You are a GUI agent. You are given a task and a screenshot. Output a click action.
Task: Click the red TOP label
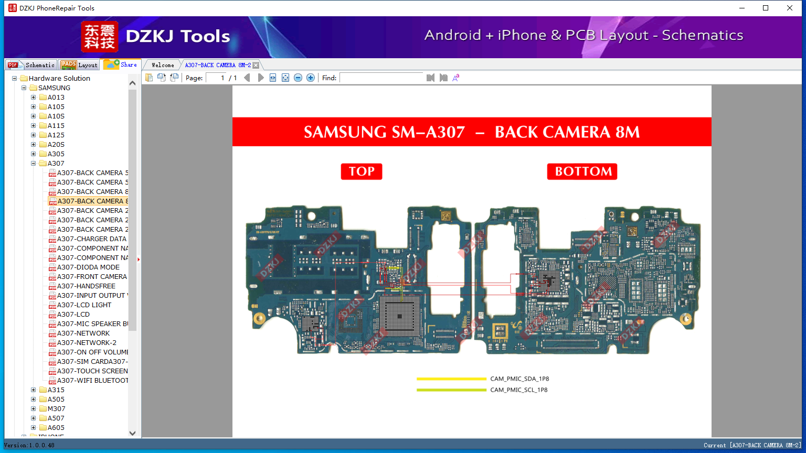(x=362, y=171)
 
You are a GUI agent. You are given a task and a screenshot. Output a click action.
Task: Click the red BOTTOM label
(x=582, y=171)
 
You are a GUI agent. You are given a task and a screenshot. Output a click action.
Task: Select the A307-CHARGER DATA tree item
(x=92, y=239)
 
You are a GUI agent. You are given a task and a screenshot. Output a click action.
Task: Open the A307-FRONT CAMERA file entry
(x=92, y=277)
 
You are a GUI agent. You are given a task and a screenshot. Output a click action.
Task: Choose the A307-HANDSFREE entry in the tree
(x=86, y=286)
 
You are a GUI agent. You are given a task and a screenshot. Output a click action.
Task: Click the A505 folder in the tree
(x=56, y=400)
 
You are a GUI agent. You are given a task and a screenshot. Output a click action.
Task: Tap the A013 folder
(x=56, y=98)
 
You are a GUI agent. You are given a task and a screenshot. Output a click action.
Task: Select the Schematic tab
(x=32, y=65)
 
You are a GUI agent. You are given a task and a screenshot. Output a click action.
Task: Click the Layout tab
(x=80, y=65)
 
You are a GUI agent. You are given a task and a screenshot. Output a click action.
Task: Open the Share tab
(x=121, y=64)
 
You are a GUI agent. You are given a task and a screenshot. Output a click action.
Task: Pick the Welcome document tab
(x=163, y=65)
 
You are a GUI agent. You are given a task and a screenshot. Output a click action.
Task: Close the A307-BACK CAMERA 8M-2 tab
(x=256, y=65)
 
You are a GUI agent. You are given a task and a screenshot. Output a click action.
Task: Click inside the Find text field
(x=381, y=78)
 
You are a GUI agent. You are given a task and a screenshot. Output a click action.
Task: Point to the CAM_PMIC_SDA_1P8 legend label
(x=519, y=379)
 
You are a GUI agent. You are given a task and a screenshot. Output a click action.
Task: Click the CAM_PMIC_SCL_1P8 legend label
(x=519, y=390)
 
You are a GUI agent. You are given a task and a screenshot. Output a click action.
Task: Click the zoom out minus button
(x=298, y=78)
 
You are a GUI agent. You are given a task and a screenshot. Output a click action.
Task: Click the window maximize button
(x=766, y=8)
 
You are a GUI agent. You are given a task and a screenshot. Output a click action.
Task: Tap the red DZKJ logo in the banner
(x=100, y=37)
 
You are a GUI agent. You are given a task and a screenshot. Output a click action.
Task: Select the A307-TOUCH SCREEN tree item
(x=92, y=371)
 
